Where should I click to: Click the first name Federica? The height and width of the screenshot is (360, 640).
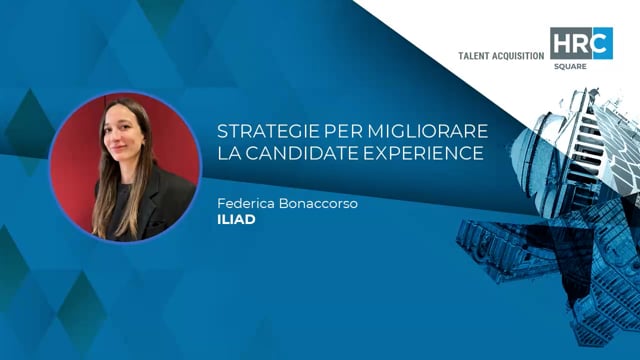[x=246, y=204]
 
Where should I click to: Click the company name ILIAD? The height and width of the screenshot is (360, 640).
[x=236, y=220]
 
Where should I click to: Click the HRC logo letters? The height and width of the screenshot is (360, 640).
[x=580, y=44]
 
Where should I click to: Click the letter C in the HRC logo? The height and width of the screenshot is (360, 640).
[x=601, y=44]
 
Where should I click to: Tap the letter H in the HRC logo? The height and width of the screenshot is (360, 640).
[x=561, y=44]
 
